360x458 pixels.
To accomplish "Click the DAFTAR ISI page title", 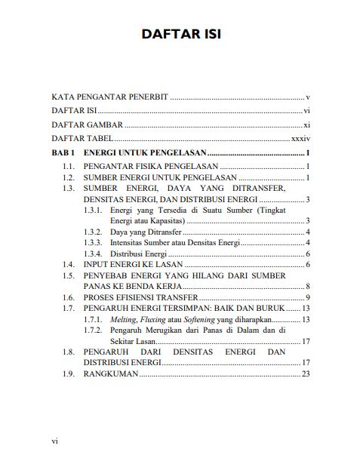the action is [180, 35].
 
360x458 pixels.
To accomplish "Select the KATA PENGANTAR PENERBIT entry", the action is [109, 98].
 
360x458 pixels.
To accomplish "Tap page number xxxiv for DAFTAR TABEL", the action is [301, 139].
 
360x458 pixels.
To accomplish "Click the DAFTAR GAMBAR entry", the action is [87, 125].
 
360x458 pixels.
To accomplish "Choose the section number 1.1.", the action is [68, 165].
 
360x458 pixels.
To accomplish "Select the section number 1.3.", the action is [68, 187].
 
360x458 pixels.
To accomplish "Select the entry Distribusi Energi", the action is [138, 254].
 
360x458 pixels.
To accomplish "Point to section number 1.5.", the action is [68, 276].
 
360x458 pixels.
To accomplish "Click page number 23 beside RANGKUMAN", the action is [306, 374].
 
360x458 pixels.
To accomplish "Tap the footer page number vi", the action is [54, 440].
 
